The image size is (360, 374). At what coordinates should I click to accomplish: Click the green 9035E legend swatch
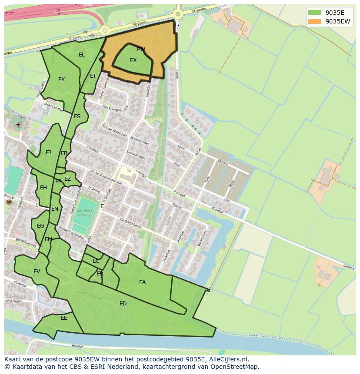coord(314,13)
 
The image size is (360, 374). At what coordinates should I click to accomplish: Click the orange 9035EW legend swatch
coord(314,21)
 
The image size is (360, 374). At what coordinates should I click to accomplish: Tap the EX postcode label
coord(133,60)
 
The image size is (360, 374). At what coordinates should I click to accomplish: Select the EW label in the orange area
coord(141,50)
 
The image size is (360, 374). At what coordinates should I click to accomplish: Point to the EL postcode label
coord(82,55)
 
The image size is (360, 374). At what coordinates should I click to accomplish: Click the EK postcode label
coord(62,79)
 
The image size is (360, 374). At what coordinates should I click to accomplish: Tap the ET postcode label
coord(93,76)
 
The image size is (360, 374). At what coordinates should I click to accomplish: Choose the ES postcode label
coord(77,116)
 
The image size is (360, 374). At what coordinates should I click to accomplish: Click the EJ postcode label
coord(48,152)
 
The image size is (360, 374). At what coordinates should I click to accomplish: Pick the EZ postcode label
coord(68,179)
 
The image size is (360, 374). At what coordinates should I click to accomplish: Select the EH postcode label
coord(43,188)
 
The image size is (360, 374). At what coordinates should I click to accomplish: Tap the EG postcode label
coord(40,226)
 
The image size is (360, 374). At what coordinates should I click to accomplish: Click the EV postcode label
coord(37,271)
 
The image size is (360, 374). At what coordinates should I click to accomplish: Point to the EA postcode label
coord(143,282)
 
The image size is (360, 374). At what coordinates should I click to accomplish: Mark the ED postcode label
coord(123,304)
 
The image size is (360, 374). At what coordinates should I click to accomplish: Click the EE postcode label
coord(64,318)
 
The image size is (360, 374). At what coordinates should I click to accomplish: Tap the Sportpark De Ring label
coord(85,212)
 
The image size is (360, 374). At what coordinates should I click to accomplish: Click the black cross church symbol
coord(18,125)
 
